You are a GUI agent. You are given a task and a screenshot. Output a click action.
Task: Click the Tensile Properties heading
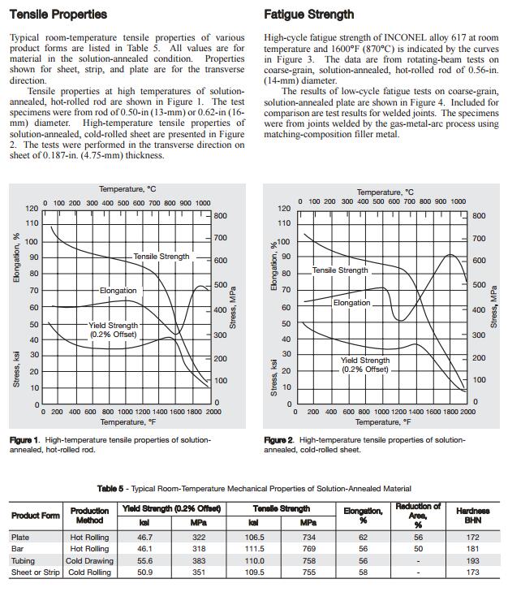coord(58,15)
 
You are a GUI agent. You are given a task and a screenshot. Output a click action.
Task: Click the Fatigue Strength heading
coord(308,15)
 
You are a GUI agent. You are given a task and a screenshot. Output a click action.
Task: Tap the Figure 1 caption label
coord(24,439)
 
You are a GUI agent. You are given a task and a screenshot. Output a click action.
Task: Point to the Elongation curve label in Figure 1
coord(118,290)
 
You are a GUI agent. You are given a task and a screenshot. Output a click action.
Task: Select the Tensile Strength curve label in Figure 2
coord(340,270)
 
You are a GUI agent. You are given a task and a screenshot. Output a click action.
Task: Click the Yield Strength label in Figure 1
coord(114,329)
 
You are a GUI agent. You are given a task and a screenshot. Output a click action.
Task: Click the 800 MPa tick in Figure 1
coord(220,216)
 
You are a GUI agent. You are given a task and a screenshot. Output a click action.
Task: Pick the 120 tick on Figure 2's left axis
coord(283,209)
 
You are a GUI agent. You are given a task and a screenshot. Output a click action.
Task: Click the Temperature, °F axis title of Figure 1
coord(128,422)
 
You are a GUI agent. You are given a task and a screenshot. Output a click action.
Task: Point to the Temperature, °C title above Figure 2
coord(385,192)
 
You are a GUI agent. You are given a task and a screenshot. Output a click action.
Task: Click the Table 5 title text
coord(254,488)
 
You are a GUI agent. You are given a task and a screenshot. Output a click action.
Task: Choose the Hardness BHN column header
coord(472,516)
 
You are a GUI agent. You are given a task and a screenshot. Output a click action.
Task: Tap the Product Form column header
coord(35,516)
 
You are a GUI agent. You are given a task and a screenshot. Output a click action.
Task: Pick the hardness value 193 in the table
coord(472,561)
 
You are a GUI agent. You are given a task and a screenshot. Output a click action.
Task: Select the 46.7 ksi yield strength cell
coord(145,538)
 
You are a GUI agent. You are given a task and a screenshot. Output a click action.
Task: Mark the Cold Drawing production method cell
coord(89,561)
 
